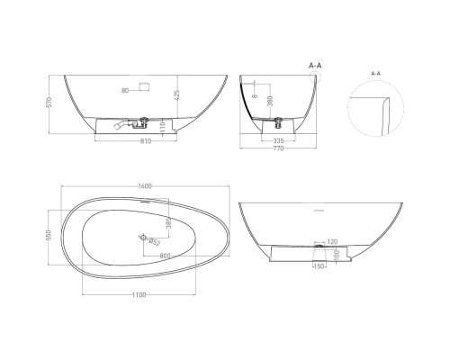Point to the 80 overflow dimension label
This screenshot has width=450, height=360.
point(124,89)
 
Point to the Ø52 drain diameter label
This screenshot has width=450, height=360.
point(154,242)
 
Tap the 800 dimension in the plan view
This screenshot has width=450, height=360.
point(166,256)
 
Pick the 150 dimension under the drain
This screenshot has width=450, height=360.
point(318,266)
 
